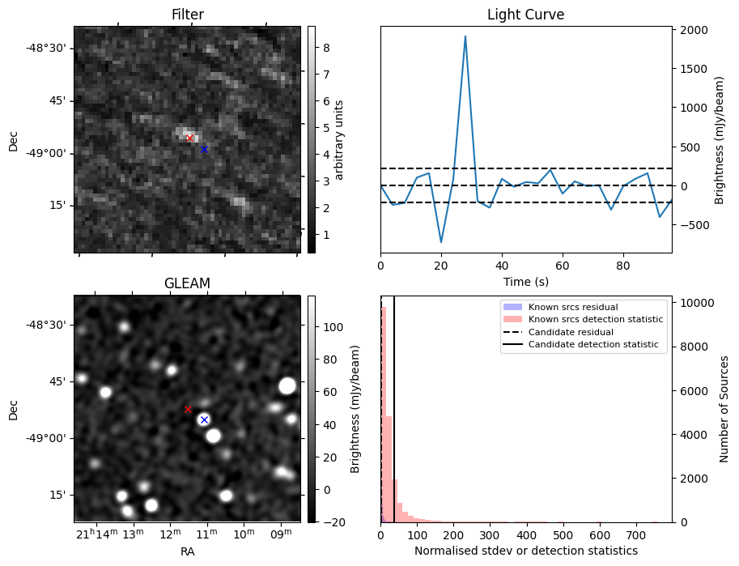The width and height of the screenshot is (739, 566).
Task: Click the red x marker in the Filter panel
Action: pos(189,138)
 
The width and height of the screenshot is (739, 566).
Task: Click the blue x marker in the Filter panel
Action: pos(204,149)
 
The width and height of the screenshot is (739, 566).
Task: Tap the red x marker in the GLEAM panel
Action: pos(188,410)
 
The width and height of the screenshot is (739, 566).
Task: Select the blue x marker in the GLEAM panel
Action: pos(204,419)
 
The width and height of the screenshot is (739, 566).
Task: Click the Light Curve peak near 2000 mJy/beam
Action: pos(465,36)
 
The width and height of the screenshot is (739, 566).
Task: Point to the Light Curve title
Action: pos(525,15)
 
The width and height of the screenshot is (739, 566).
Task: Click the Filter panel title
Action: pos(188,15)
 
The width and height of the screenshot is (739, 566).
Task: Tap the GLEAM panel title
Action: pos(187,283)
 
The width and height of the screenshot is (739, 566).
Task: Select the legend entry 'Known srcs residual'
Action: pos(573,307)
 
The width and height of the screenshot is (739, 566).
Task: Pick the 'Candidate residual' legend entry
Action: pos(571,332)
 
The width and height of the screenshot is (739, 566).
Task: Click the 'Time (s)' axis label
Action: pos(525,281)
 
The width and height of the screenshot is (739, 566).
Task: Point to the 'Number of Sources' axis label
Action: pos(724,409)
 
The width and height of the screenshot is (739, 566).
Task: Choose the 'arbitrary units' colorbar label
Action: pos(340,139)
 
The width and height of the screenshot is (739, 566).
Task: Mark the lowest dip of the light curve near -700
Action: pos(441,241)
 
